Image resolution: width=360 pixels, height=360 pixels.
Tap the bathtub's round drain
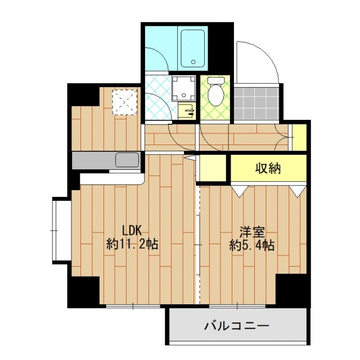pos(193,62)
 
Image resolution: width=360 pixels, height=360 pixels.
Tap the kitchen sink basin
pos(127,160)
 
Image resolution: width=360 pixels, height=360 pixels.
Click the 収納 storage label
pos(268,168)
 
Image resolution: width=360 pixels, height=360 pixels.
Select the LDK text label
pos(134,231)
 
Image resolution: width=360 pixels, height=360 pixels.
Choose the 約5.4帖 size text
pos(251,246)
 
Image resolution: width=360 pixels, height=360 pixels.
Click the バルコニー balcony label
pos(237,326)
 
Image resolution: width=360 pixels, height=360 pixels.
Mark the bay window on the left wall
pos(61,231)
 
